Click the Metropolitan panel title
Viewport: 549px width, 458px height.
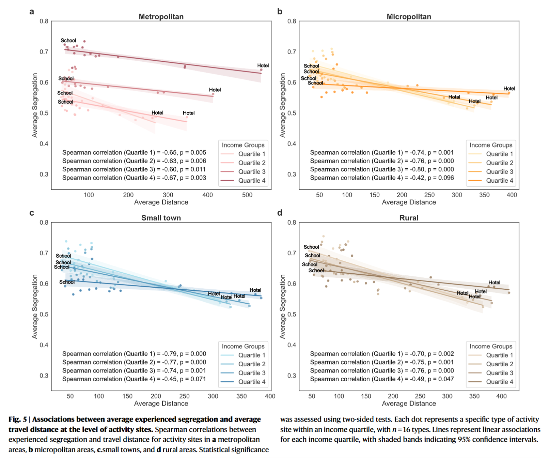[161, 17]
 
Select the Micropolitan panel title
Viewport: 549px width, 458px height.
[409, 17]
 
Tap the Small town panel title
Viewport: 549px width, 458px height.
[161, 218]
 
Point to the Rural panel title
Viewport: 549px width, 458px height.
[409, 218]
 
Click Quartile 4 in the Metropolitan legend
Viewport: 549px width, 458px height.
[251, 181]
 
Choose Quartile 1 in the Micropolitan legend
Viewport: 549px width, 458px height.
[499, 154]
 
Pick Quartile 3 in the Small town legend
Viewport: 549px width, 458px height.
[251, 373]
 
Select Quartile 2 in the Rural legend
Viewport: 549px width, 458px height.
[499, 364]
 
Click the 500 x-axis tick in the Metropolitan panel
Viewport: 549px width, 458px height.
[247, 195]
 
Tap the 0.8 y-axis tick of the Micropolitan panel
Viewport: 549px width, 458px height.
[292, 21]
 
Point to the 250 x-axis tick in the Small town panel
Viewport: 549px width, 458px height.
[184, 396]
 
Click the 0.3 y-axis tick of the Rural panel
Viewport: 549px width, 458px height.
[292, 376]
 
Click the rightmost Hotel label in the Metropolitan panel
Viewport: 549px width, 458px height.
[263, 65]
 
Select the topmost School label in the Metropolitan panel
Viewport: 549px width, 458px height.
[68, 41]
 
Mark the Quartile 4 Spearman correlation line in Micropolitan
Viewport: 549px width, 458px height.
[382, 178]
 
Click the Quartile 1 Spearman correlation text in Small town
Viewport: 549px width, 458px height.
[134, 354]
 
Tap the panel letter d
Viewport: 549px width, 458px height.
[280, 213]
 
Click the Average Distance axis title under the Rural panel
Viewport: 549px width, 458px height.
[409, 403]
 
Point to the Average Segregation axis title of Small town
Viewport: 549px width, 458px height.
[35, 306]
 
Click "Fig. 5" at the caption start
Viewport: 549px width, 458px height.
[17, 419]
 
